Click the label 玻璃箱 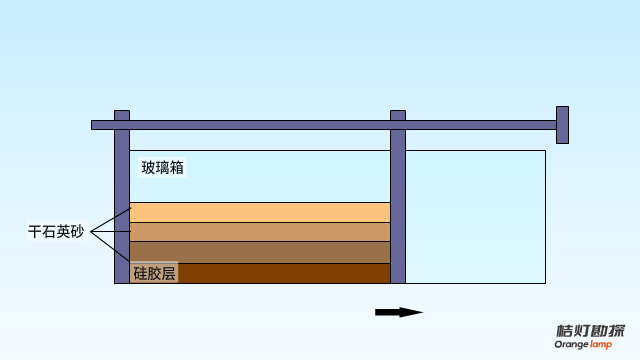pos(162,167)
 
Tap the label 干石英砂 pos(56,232)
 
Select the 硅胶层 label pos(154,272)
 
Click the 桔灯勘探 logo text pos(591,331)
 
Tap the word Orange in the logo pos(573,345)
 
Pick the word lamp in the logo pos(601,345)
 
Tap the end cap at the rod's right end pos(562,125)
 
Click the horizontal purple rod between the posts pos(260,125)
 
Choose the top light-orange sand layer pos(260,212)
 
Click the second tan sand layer pos(260,232)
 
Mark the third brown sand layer pos(260,252)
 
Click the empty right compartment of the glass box pos(475,215)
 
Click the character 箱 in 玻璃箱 pos(176,167)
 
